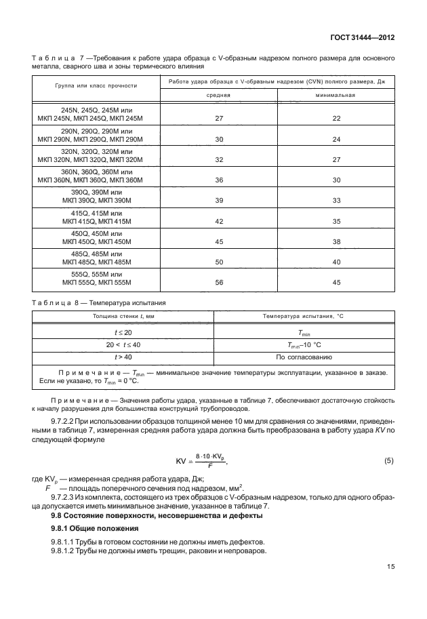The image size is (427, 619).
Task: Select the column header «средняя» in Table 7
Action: [x=218, y=96]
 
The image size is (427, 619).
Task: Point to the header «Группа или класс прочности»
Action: [x=96, y=87]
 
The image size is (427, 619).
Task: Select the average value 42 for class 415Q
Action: [x=218, y=222]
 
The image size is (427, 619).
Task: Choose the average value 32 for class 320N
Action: [x=218, y=160]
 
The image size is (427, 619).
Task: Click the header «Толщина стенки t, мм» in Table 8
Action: [x=123, y=317]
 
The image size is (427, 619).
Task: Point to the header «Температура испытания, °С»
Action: [x=304, y=317]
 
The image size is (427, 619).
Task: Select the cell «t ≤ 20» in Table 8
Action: [x=123, y=333]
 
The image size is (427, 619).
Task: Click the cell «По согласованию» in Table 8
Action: [x=304, y=355]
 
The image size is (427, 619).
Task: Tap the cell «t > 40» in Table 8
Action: [x=123, y=355]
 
